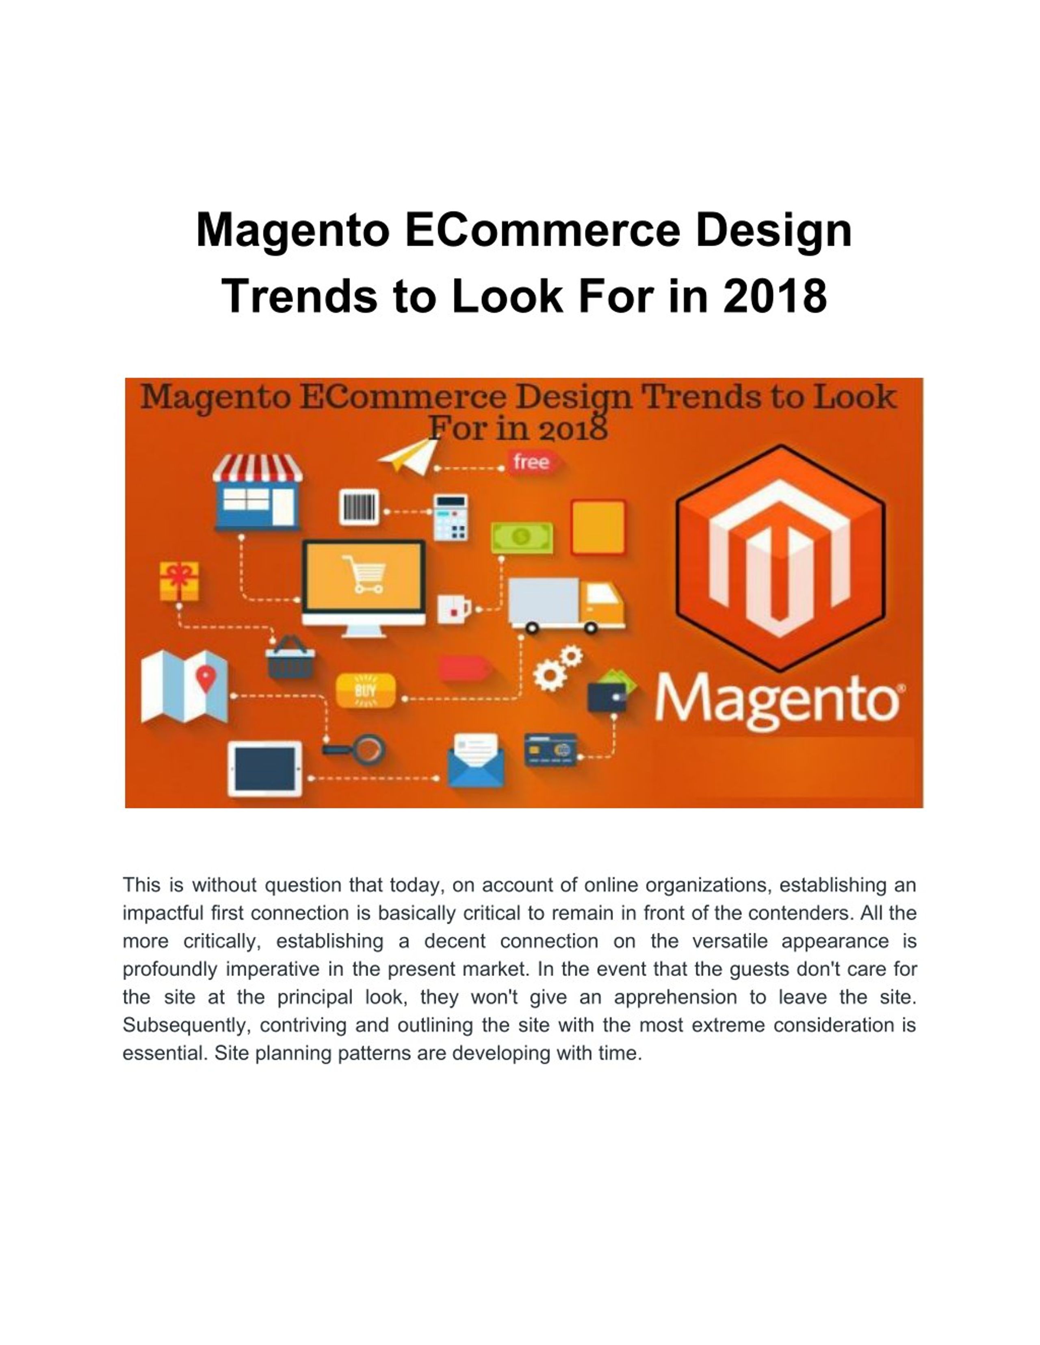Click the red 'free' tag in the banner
tap(531, 462)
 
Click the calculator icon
tap(451, 518)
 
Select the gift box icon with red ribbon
tap(179, 580)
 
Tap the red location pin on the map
tap(206, 678)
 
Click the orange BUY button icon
tap(365, 690)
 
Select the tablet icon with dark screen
tap(265, 769)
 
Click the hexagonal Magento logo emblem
tap(780, 557)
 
